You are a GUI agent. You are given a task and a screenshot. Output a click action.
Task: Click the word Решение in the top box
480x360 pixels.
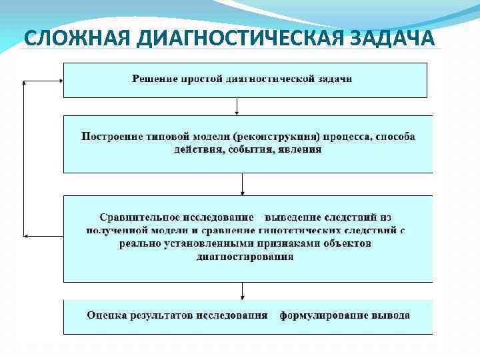[x=155, y=79]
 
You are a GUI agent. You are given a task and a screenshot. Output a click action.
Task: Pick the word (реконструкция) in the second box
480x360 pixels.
[x=277, y=137]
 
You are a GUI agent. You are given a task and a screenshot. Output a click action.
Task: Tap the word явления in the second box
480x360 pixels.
[x=304, y=149]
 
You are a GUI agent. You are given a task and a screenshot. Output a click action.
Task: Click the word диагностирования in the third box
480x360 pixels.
[x=245, y=257]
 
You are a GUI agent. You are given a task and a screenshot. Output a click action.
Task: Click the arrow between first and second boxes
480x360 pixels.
[x=237, y=107]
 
